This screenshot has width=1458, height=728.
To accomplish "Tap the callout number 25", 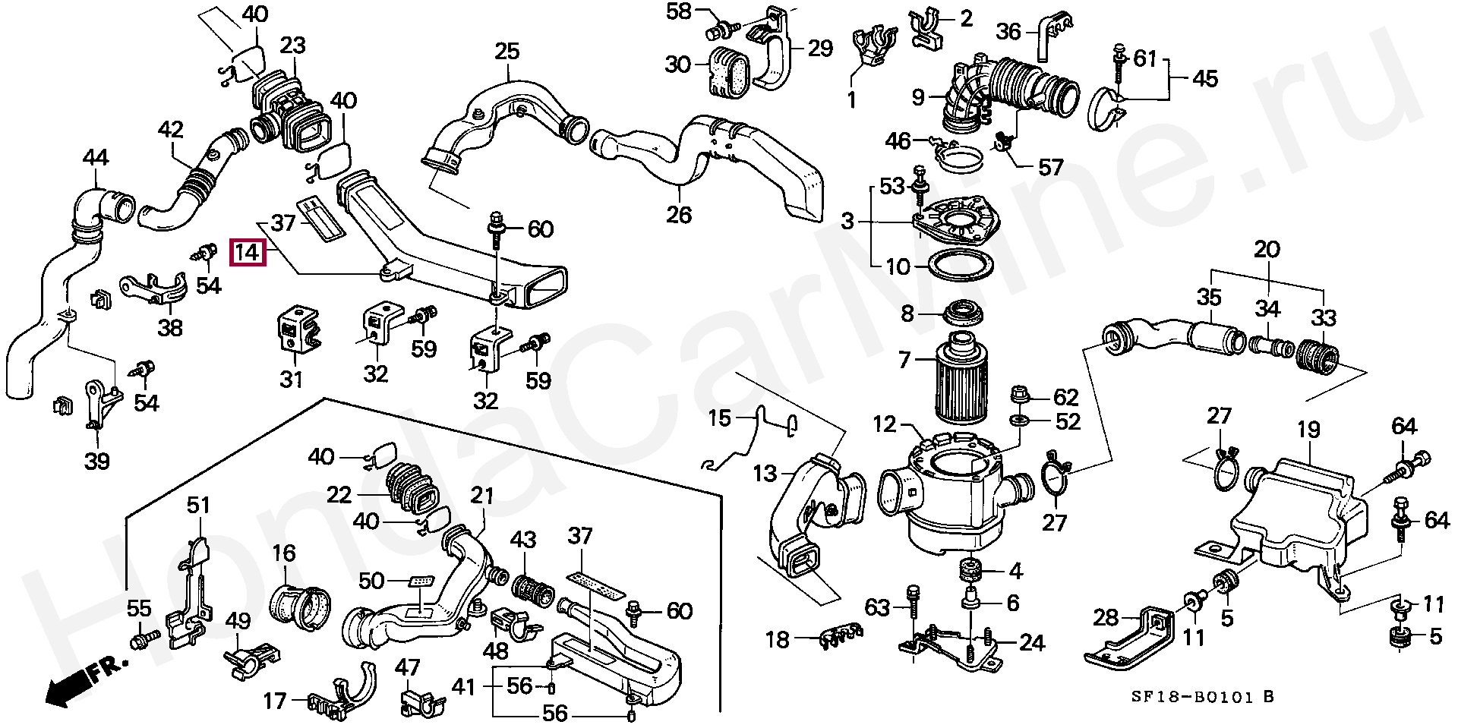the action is (x=507, y=52).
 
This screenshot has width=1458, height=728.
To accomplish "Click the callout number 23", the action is (x=293, y=46).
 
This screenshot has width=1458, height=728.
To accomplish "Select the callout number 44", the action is (x=95, y=158).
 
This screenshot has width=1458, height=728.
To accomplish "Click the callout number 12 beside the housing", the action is (x=885, y=425).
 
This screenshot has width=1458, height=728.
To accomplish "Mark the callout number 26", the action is (x=679, y=216).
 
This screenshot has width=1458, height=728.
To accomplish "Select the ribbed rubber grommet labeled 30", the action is (x=731, y=73).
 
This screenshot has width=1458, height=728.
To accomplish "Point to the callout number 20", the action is (x=1267, y=248).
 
